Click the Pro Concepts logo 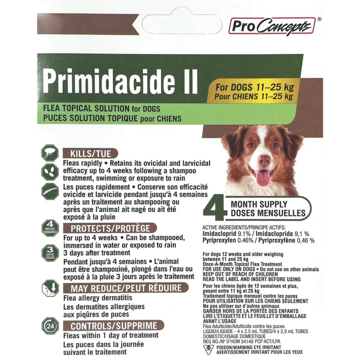pos(271,26)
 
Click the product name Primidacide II pos(120,80)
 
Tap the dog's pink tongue pos(263,177)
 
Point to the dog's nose pos(264,161)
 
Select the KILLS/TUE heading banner pos(90,154)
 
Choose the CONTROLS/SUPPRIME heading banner pos(113,326)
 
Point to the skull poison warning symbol pos(209,349)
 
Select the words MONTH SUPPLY pos(259,204)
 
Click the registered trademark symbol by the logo pos(319,19)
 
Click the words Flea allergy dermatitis pos(97,298)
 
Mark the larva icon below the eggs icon pos(49,192)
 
